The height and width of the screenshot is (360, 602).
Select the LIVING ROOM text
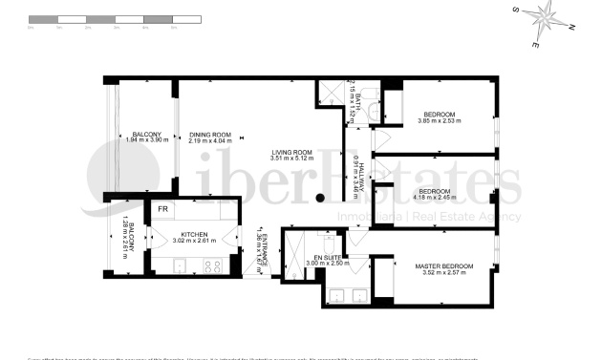pos(291,152)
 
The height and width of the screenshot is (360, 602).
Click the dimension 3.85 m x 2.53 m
pos(440,121)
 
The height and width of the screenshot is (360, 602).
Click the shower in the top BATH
pos(331,93)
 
